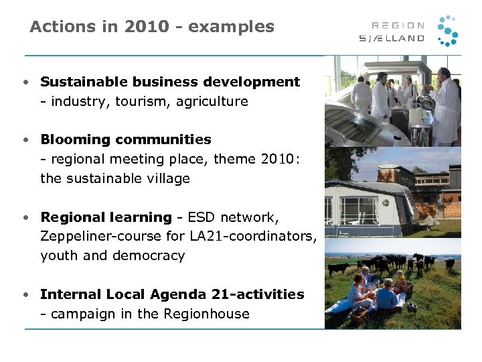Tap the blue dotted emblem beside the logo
pos(447,31)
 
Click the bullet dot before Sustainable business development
pos(24,82)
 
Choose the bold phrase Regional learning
pos(106,217)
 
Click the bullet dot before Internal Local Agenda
pos(24,294)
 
